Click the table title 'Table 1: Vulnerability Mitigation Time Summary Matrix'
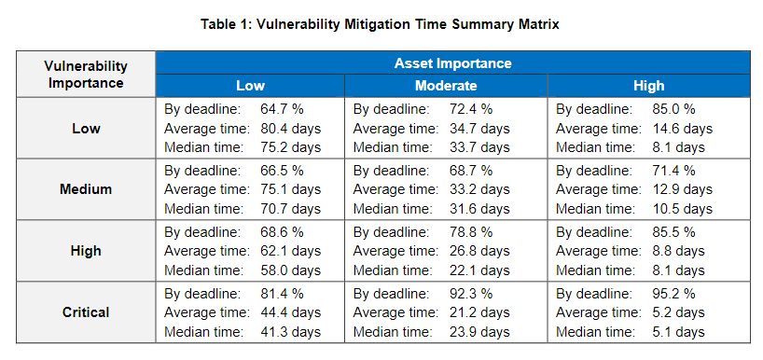(x=380, y=24)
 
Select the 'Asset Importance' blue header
(x=452, y=63)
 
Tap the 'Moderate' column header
(x=446, y=86)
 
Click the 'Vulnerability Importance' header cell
(x=86, y=75)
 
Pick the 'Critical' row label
(x=86, y=312)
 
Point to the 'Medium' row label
(x=86, y=188)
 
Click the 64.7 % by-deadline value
(x=282, y=109)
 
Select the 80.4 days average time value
(x=290, y=129)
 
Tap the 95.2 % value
(x=673, y=294)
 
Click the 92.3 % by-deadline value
(x=471, y=294)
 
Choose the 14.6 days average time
(x=682, y=129)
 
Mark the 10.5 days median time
(x=682, y=209)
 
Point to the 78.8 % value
(x=471, y=232)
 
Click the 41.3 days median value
(x=290, y=332)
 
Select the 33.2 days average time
(x=479, y=188)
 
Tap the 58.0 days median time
(x=290, y=270)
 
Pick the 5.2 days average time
(x=678, y=312)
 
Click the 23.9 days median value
(x=479, y=332)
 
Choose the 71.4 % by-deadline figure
(x=673, y=171)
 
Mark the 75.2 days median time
(x=290, y=147)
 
